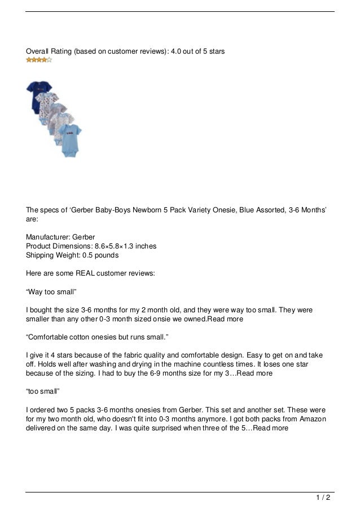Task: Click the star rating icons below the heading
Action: coord(39,59)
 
